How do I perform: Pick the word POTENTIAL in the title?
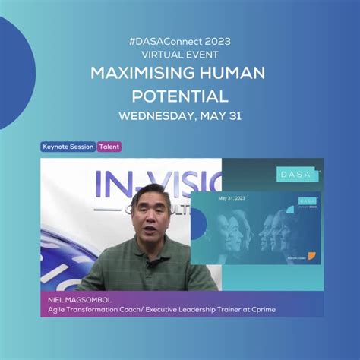click(x=180, y=97)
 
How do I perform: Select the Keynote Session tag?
click(x=68, y=147)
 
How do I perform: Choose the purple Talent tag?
click(x=109, y=147)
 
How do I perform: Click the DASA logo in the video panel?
click(x=295, y=174)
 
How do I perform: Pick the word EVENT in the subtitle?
click(x=201, y=56)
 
